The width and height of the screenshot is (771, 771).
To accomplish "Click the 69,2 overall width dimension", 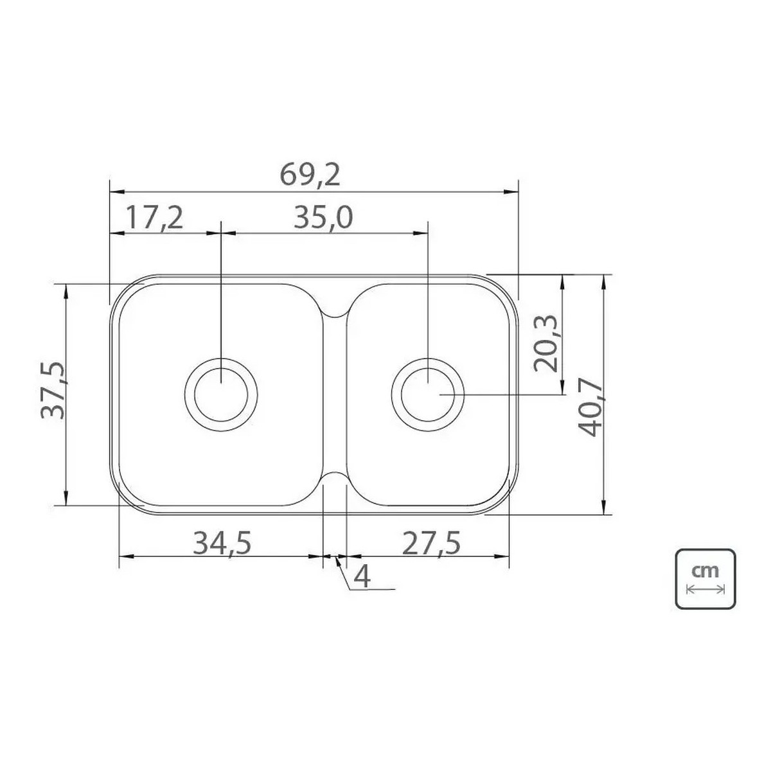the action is click(x=310, y=175).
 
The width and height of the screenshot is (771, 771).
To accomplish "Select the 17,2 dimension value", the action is click(x=154, y=217).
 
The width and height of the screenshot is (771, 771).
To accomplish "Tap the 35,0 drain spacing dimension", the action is click(x=323, y=217).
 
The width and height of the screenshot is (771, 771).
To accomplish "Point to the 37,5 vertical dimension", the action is click(x=53, y=390).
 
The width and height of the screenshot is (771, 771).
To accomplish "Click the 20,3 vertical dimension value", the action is click(x=545, y=344).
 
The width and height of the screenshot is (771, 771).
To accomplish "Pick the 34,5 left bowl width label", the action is click(x=222, y=543).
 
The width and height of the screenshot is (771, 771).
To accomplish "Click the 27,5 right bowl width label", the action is click(x=431, y=543).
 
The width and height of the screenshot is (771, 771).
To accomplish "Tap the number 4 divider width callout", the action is click(x=362, y=576).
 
